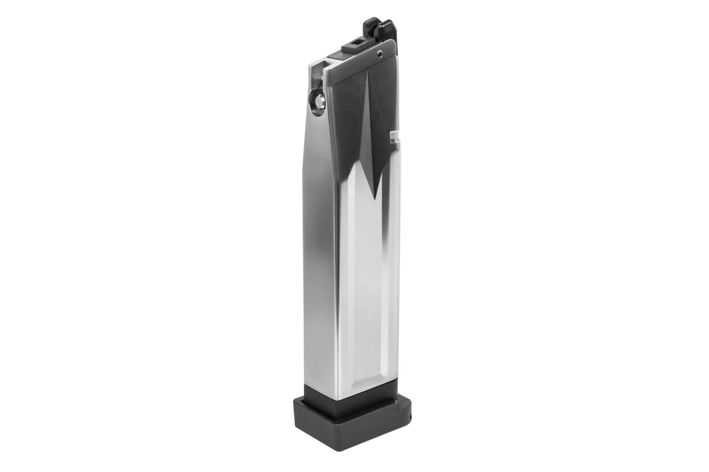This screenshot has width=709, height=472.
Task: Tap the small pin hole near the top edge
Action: click(380, 54)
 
